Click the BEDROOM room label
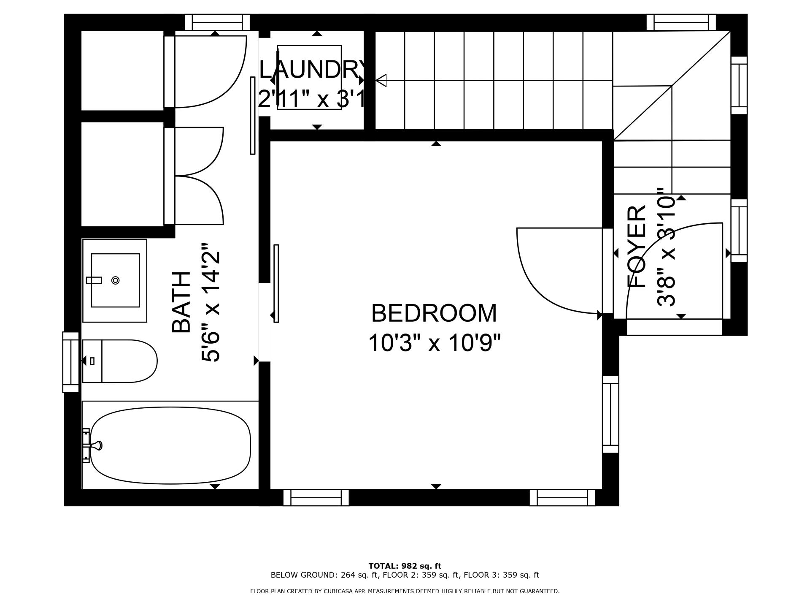[434, 313]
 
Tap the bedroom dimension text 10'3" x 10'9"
[434, 343]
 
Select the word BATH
[182, 302]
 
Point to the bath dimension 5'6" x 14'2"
[211, 302]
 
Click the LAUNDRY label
[312, 70]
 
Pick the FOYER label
[637, 247]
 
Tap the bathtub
[170, 445]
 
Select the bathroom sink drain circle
[115, 280]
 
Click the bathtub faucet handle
[97, 445]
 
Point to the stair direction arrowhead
[381, 80]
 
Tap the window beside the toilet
[71, 362]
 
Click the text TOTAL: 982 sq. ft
[405, 566]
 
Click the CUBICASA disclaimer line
[405, 591]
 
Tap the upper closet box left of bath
[122, 71]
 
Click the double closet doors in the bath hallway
[198, 176]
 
